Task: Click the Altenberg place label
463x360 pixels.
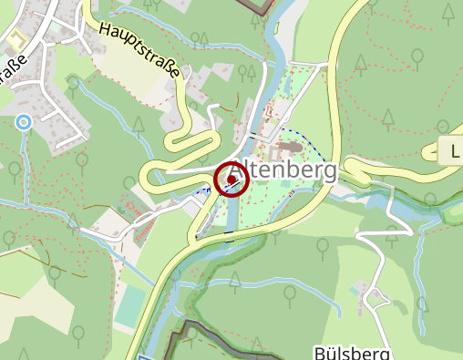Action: [283, 170]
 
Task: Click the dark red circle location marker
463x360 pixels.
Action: [231, 179]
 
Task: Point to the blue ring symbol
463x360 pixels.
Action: [24, 121]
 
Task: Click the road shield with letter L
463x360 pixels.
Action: [453, 151]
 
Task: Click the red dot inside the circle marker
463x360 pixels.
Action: [231, 179]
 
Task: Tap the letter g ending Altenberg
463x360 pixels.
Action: [329, 172]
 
